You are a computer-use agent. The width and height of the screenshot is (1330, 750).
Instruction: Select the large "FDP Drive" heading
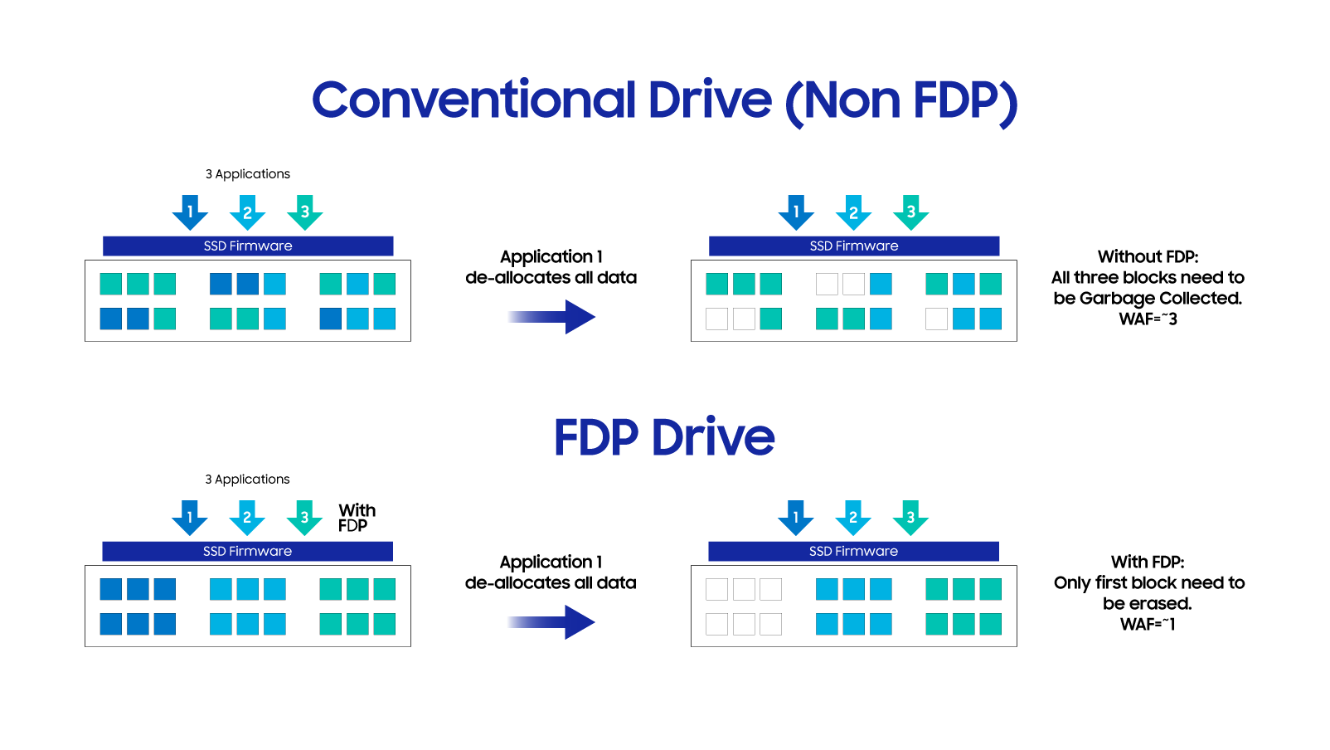[664, 437]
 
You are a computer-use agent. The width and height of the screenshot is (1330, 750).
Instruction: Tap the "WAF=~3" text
[1148, 319]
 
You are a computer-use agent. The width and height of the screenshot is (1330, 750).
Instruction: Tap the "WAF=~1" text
[1148, 625]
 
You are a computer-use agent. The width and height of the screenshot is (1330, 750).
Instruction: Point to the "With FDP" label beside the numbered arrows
[357, 518]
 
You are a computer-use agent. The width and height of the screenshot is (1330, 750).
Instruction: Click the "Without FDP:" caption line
[1148, 257]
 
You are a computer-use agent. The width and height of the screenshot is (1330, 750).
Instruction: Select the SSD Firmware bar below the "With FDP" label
[247, 552]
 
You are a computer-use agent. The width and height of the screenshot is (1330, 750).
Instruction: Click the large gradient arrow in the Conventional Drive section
[551, 316]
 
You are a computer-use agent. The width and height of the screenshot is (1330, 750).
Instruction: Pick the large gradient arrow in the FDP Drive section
[551, 621]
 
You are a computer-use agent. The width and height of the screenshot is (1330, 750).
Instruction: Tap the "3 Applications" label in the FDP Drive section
[247, 480]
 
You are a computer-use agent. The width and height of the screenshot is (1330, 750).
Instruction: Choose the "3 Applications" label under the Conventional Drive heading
[247, 174]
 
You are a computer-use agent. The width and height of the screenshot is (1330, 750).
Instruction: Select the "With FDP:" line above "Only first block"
[1148, 562]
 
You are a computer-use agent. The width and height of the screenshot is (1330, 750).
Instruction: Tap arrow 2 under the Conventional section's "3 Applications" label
[247, 212]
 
